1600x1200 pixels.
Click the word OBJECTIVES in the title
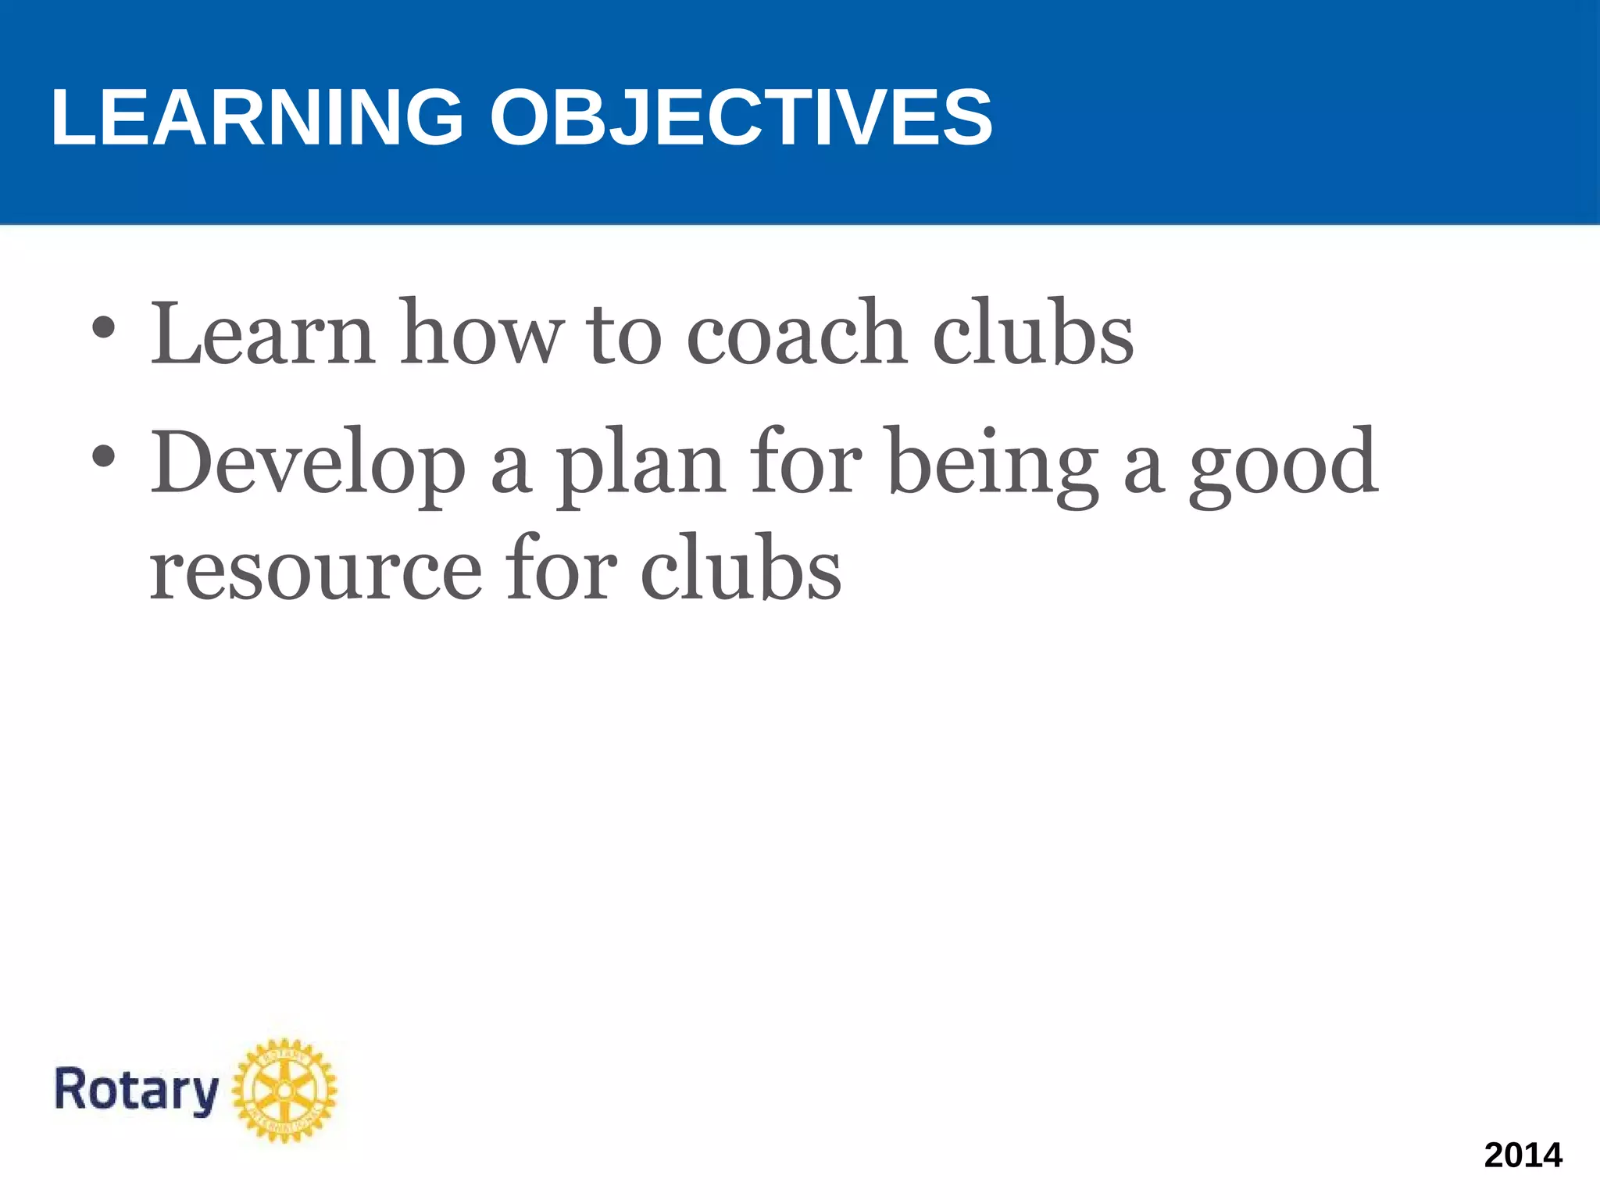coord(741,117)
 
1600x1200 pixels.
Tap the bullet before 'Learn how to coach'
coord(103,328)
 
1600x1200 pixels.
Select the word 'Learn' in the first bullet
coord(262,334)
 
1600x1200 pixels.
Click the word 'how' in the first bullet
coord(481,334)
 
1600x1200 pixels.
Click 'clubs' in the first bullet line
coord(1033,334)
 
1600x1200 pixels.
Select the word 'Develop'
coord(308,465)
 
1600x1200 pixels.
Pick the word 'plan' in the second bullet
coord(641,465)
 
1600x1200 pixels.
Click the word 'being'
coord(994,465)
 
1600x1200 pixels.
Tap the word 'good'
coord(1283,465)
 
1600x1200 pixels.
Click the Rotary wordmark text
coord(136,1090)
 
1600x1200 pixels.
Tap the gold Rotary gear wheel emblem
coord(285,1090)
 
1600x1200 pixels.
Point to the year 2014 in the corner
coord(1523,1155)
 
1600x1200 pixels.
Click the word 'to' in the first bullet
coord(623,334)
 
